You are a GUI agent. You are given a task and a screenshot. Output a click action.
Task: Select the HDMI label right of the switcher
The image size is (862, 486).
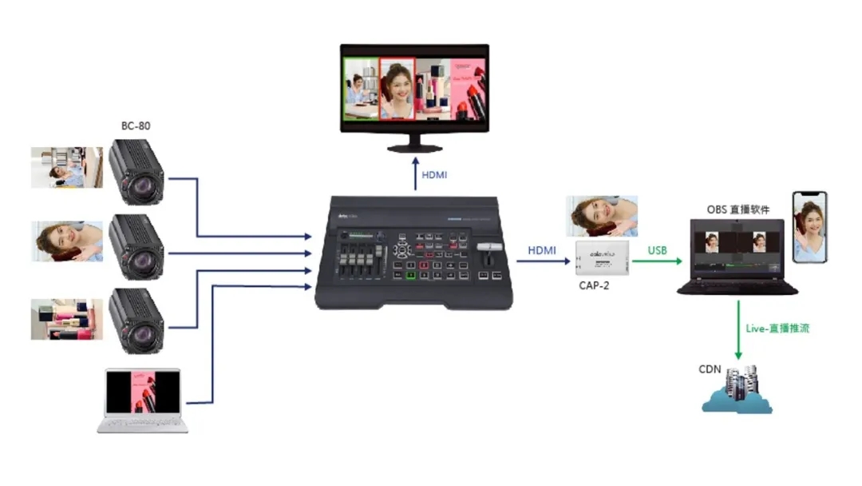[541, 251]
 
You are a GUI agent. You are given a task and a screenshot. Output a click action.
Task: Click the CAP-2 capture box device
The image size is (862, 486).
[603, 257]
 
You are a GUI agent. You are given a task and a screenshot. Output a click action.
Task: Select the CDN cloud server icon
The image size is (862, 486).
[737, 392]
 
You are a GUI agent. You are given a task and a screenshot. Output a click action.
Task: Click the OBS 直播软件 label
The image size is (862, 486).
[738, 209]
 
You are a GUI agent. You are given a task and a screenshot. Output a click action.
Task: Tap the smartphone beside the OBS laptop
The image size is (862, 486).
[809, 227]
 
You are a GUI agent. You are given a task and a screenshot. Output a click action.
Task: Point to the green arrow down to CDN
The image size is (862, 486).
[737, 329]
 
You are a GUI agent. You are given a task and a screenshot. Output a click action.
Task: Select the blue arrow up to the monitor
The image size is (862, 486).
[415, 173]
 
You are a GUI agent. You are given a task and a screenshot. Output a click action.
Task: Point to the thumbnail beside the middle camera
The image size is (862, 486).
[67, 241]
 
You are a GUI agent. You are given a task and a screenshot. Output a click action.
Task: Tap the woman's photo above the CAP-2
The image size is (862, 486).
[602, 215]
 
